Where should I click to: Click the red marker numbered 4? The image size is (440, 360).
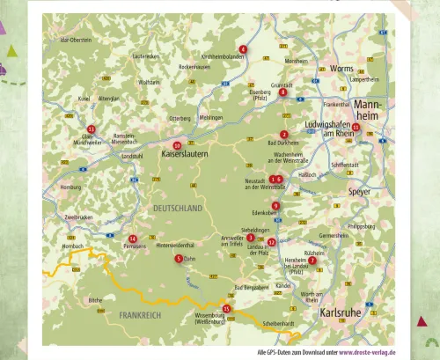click(243, 49)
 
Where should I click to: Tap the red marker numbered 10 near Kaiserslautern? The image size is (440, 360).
click(177, 145)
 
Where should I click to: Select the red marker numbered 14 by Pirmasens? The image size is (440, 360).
click(132, 239)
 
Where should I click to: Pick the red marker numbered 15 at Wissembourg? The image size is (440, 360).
click(226, 309)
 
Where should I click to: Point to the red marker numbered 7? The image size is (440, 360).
click(312, 261)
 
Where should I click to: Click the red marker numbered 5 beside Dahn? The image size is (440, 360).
click(179, 259)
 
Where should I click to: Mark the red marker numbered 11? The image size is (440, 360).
click(92, 129)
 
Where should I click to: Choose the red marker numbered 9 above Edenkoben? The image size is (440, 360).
click(275, 206)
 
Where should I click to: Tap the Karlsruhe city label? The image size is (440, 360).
click(340, 313)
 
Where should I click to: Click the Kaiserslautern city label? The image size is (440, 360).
click(185, 154)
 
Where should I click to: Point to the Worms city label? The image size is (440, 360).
click(341, 69)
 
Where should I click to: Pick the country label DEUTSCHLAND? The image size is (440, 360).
click(178, 209)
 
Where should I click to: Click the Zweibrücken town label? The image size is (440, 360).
click(79, 217)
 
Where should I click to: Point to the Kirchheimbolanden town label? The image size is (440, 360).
click(223, 56)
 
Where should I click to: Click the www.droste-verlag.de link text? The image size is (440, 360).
click(366, 351)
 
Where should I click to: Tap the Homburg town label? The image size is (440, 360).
click(70, 187)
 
